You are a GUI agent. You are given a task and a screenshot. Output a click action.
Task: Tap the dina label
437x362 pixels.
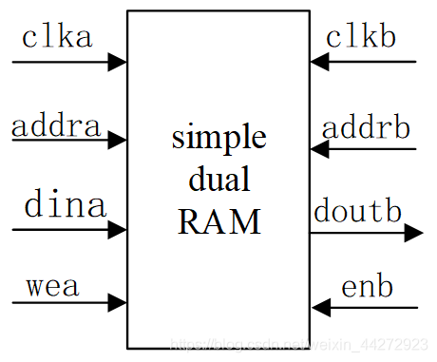tap(64, 205)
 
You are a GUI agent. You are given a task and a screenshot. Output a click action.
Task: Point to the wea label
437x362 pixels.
tap(52, 284)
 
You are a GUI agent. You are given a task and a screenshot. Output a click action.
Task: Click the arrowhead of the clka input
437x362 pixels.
tap(118, 63)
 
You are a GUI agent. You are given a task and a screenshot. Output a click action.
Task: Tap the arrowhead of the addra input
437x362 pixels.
tap(118, 141)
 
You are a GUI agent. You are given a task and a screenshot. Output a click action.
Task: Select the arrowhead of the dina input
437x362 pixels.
tap(118, 228)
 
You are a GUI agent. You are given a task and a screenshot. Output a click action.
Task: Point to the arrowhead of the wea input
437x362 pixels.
tap(118, 303)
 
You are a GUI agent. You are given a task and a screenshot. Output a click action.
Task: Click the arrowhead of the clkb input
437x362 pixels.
tap(320, 62)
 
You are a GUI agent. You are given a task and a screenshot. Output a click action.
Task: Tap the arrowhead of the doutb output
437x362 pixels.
tap(414, 232)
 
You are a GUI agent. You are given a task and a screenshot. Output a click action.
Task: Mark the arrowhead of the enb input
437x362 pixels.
tap(320, 307)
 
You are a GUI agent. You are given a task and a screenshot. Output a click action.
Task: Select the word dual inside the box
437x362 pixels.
tap(218, 180)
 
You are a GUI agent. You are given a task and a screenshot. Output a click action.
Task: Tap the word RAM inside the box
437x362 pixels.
tap(218, 221)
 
